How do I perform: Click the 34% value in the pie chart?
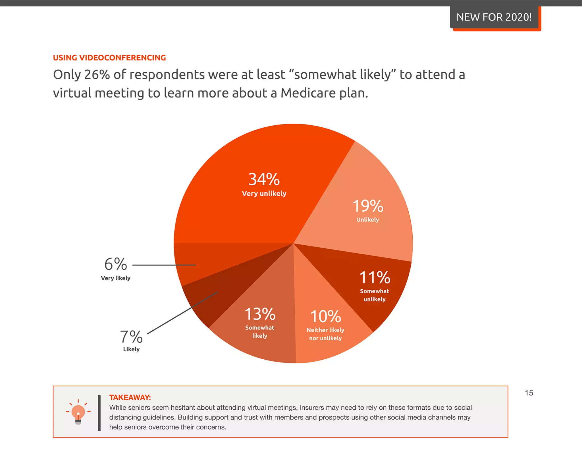264,179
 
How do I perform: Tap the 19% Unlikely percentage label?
368,206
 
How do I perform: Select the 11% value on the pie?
375,277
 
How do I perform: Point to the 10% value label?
325,316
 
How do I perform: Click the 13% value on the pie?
260,314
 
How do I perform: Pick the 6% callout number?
116,264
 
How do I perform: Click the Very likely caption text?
116,278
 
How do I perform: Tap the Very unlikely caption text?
264,194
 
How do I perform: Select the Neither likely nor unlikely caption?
325,334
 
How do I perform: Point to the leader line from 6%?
164,265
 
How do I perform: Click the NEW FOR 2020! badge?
494,17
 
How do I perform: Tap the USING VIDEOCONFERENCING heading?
109,58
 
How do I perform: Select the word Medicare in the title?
308,93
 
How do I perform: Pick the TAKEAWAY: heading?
130,397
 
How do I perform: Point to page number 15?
529,393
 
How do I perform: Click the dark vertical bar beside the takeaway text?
99,413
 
